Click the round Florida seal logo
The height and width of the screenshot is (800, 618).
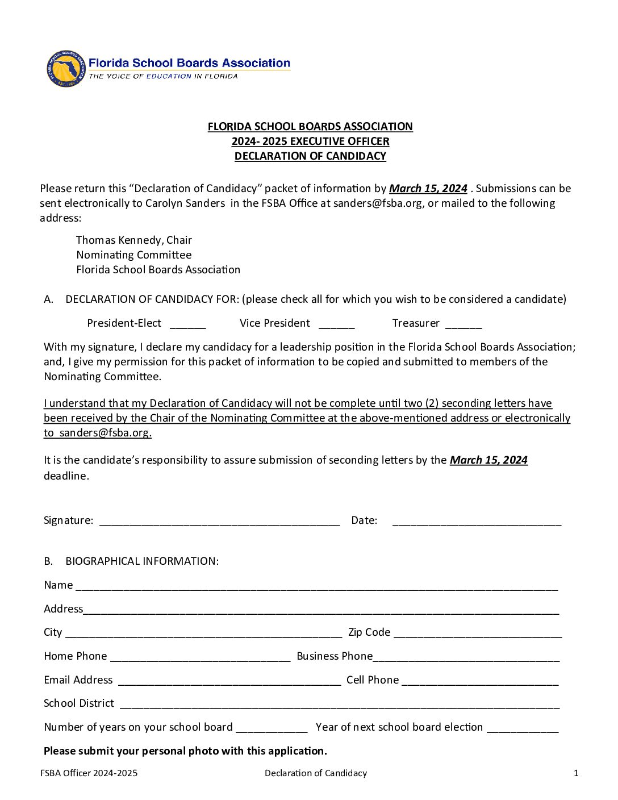click(66, 69)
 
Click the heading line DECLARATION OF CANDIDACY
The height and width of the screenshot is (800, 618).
click(310, 156)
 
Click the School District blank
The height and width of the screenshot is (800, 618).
click(339, 705)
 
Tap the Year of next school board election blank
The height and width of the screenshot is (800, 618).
click(523, 729)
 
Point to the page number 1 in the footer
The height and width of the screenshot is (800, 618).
click(576, 773)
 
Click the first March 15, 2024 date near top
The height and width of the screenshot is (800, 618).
click(428, 189)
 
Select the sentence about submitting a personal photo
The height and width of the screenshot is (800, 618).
click(185, 751)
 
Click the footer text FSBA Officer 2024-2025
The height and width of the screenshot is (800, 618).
click(89, 773)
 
